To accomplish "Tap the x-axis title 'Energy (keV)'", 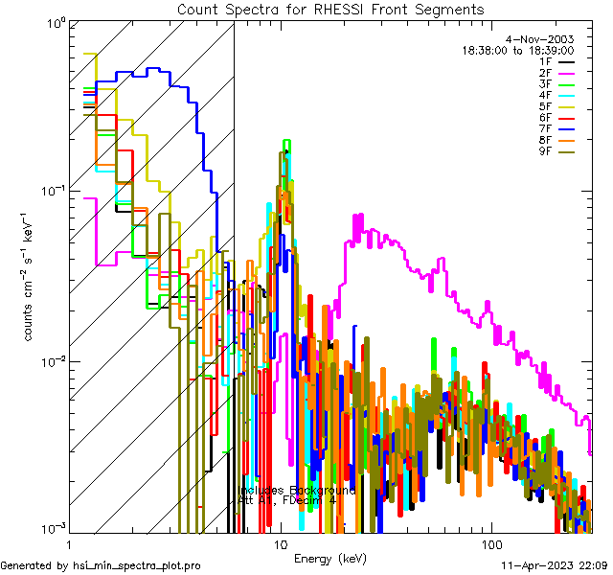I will point(331,558).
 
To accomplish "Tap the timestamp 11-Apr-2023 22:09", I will point(556,566).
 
